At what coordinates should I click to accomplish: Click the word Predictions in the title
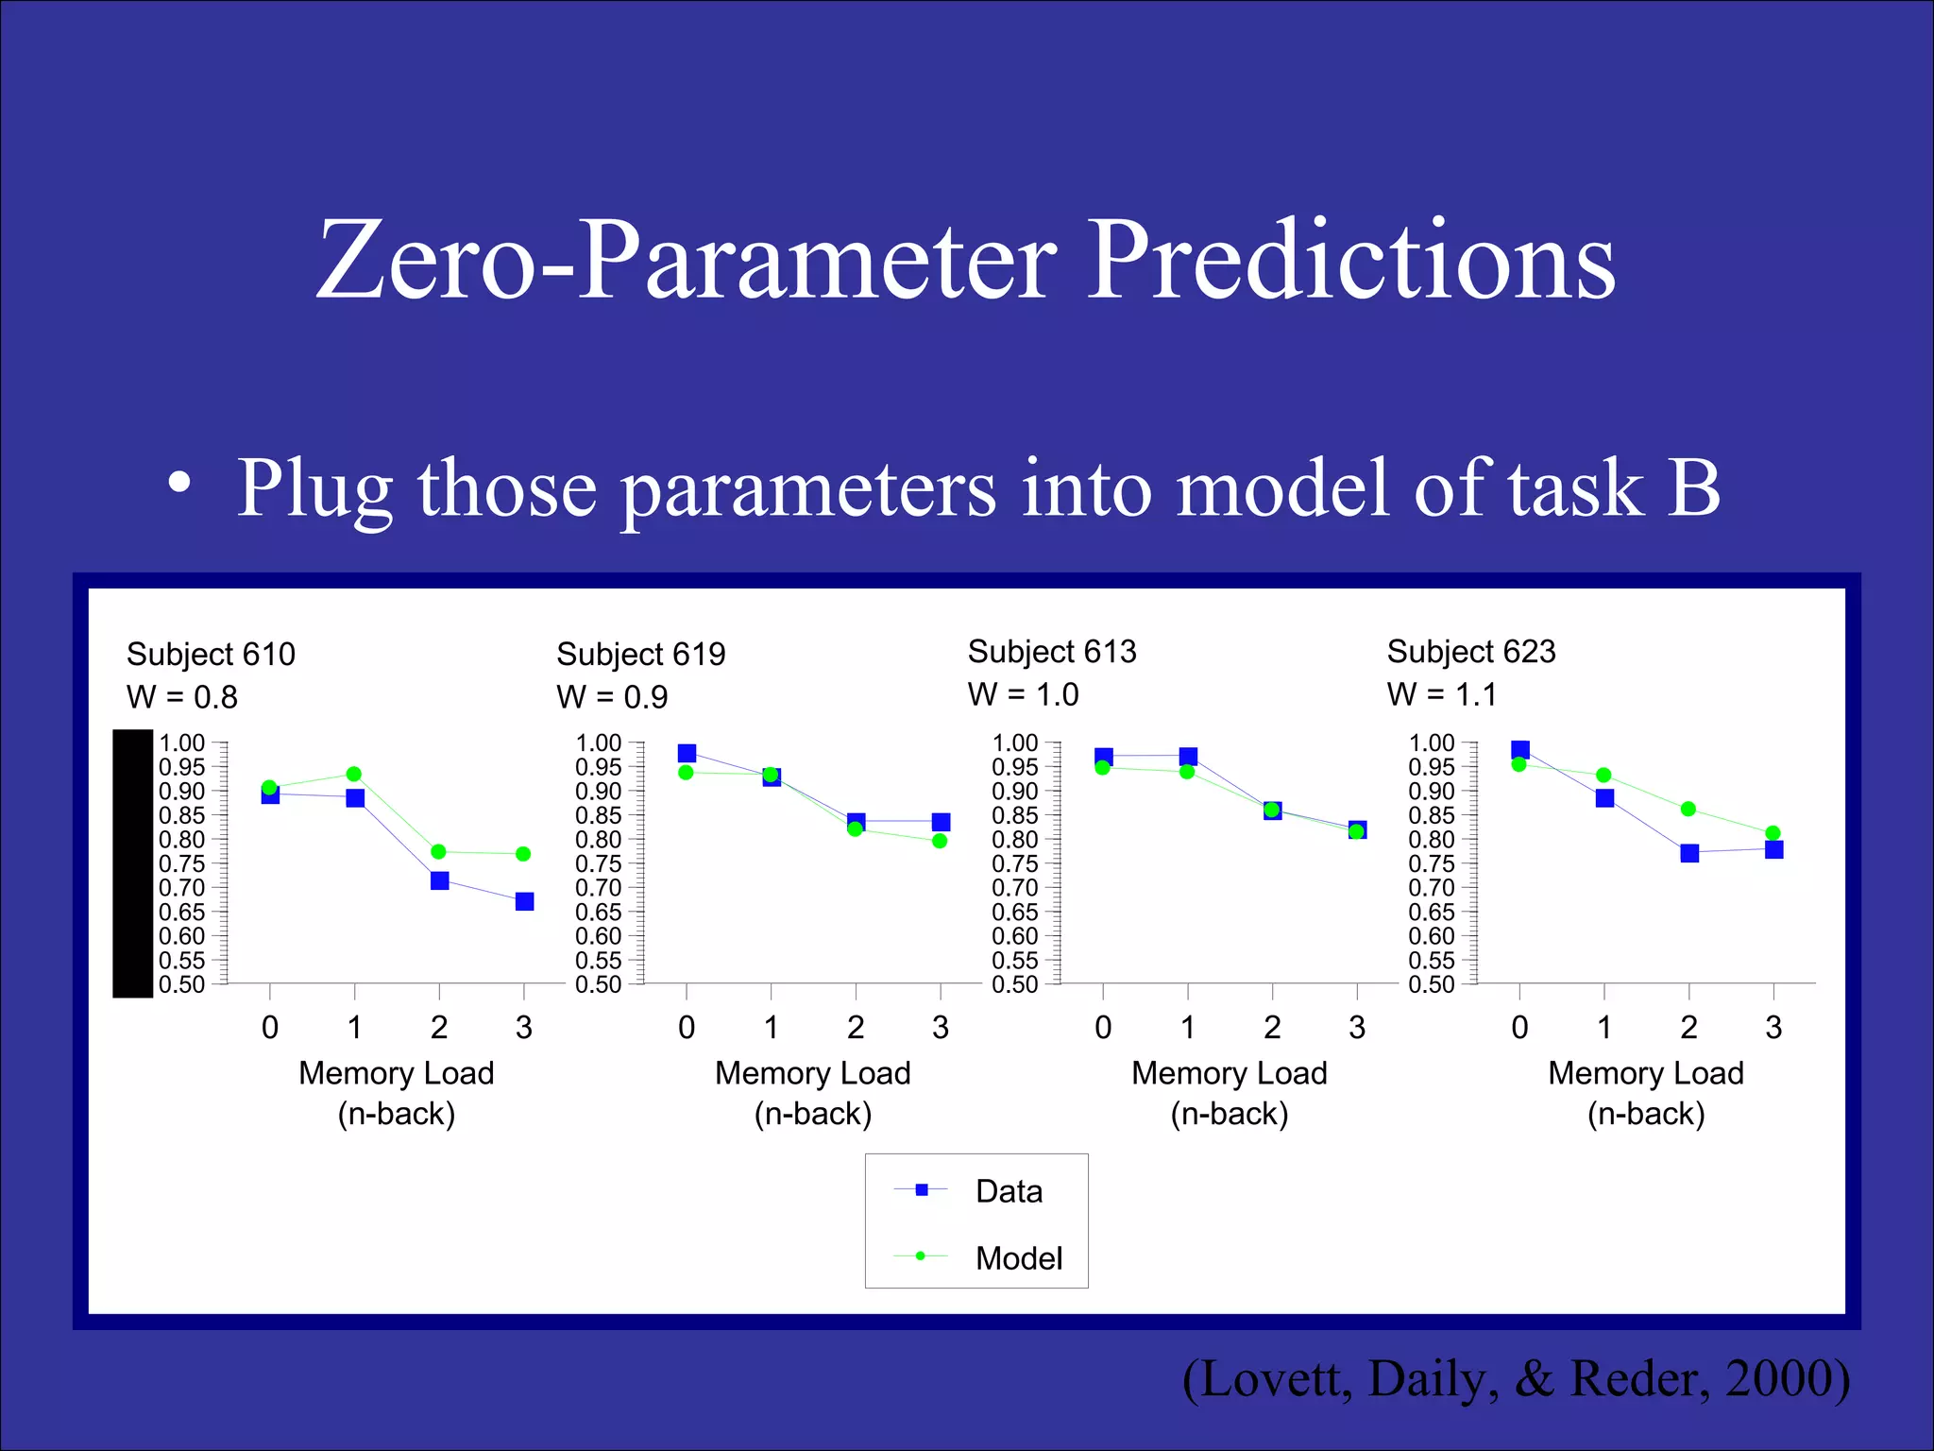click(x=1352, y=260)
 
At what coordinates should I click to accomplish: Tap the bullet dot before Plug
click(x=179, y=485)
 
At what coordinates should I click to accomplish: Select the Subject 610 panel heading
click(x=211, y=654)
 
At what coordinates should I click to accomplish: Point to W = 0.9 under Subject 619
click(x=612, y=697)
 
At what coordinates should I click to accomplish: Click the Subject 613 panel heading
click(x=1052, y=651)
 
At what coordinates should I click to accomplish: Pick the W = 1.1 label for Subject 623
click(x=1442, y=694)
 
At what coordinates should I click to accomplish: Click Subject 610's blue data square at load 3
click(x=524, y=901)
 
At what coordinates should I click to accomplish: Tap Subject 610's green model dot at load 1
click(x=354, y=774)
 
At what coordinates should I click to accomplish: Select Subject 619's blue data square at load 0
click(x=687, y=753)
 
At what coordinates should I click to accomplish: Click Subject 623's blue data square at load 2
click(x=1689, y=853)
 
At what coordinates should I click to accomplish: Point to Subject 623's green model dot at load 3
click(x=1773, y=833)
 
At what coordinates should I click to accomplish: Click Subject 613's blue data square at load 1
click(x=1188, y=756)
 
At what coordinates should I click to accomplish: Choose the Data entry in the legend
click(x=1009, y=1191)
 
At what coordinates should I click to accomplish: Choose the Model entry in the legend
click(x=1018, y=1258)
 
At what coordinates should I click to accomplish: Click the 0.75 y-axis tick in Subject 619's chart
click(x=599, y=863)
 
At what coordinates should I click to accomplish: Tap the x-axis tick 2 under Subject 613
click(x=1272, y=1027)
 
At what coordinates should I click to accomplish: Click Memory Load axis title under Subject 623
click(x=1645, y=1073)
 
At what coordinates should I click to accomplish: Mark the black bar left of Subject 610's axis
click(x=133, y=862)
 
